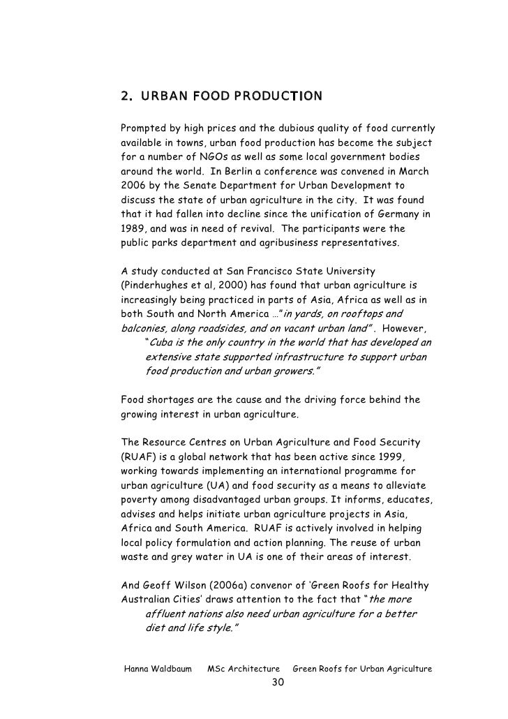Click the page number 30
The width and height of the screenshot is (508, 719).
277,682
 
